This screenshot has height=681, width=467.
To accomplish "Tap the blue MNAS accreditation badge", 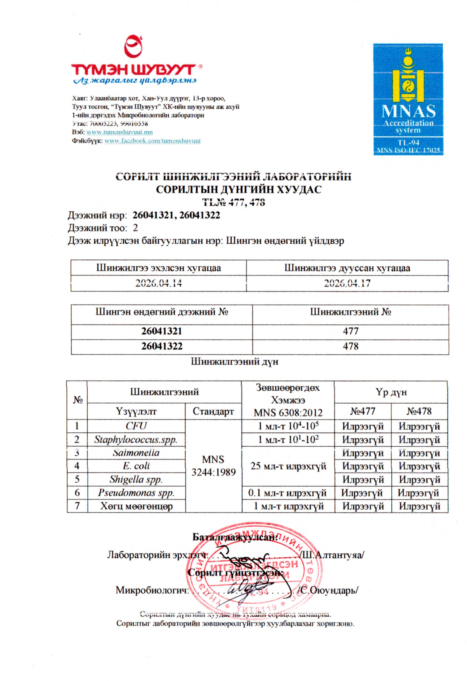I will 408,99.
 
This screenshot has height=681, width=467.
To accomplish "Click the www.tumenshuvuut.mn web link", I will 119,132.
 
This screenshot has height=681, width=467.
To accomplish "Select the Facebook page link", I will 152,141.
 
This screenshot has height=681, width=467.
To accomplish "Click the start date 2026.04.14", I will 158,283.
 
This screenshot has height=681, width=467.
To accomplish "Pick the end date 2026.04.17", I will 347,283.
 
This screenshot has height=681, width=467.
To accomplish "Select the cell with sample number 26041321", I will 161,331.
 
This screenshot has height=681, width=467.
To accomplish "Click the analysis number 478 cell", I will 351,346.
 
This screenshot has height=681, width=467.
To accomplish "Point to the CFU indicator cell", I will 136,426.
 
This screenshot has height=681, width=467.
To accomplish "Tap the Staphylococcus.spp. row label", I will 136,439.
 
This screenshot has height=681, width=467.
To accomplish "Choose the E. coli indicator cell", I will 136,466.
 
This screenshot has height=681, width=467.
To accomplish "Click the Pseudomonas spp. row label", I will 136,492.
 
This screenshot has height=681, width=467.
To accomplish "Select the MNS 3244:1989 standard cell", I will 213,466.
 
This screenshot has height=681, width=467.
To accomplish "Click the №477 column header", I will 362,411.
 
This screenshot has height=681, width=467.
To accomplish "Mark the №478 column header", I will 419,411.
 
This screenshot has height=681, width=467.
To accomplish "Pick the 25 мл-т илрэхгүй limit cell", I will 288,466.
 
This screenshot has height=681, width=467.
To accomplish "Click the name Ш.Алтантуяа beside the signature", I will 332,555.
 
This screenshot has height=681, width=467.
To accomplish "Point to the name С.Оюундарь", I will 328,590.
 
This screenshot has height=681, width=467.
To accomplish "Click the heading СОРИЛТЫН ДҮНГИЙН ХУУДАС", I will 239,190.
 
